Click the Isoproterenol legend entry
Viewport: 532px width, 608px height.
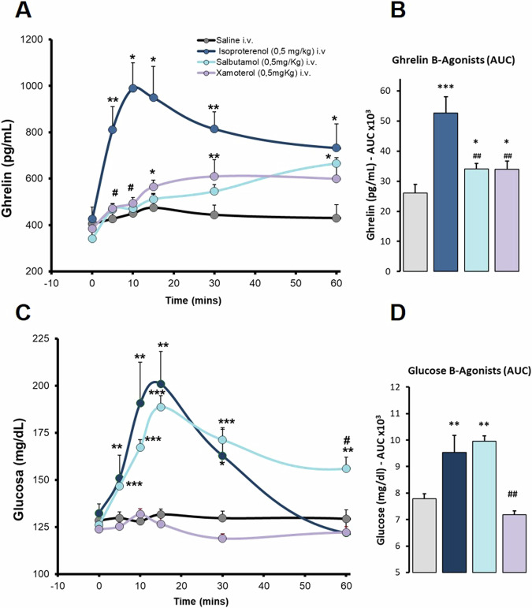pos(256,50)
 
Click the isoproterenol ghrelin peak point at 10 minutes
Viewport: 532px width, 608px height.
pos(133,88)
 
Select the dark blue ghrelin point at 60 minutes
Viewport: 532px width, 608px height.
pos(337,147)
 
